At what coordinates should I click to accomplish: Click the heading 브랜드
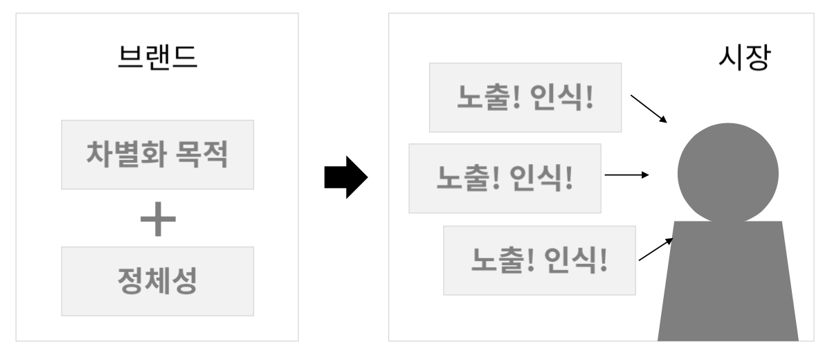click(157, 57)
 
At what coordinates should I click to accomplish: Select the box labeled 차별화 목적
click(157, 154)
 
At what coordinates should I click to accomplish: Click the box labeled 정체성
click(157, 281)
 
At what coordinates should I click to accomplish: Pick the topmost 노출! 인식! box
click(525, 97)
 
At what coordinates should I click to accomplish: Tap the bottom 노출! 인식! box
click(539, 260)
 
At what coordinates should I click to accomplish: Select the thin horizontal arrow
click(626, 175)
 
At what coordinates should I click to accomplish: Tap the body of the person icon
click(727, 284)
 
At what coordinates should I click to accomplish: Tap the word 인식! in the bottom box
click(577, 260)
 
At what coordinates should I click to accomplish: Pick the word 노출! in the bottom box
click(503, 260)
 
